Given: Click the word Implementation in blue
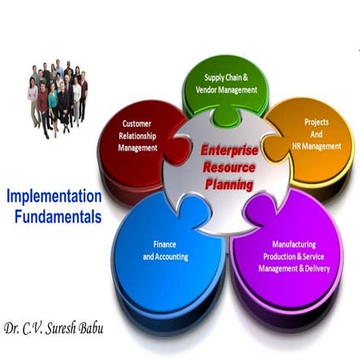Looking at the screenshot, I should tap(54, 197).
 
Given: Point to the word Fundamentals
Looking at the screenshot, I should tap(58, 217).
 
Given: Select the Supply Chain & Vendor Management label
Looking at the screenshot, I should tap(227, 84).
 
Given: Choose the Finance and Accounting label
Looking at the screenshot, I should tap(165, 250).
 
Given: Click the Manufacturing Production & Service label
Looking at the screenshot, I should tap(293, 255).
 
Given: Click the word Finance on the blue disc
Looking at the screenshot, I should tap(165, 245).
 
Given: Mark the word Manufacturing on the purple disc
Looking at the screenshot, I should tap(294, 243).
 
